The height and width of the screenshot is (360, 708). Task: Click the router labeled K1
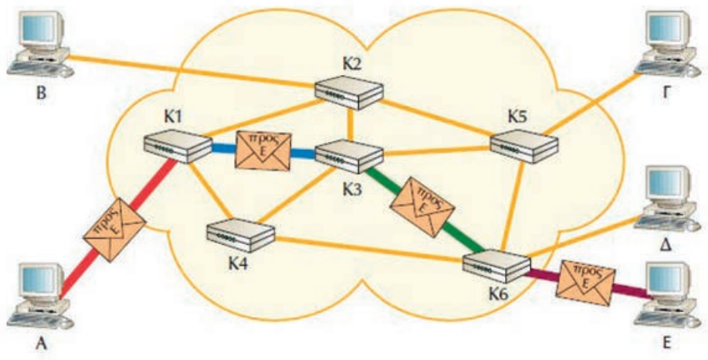tap(177, 147)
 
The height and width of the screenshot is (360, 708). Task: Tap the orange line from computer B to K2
tap(193, 72)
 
